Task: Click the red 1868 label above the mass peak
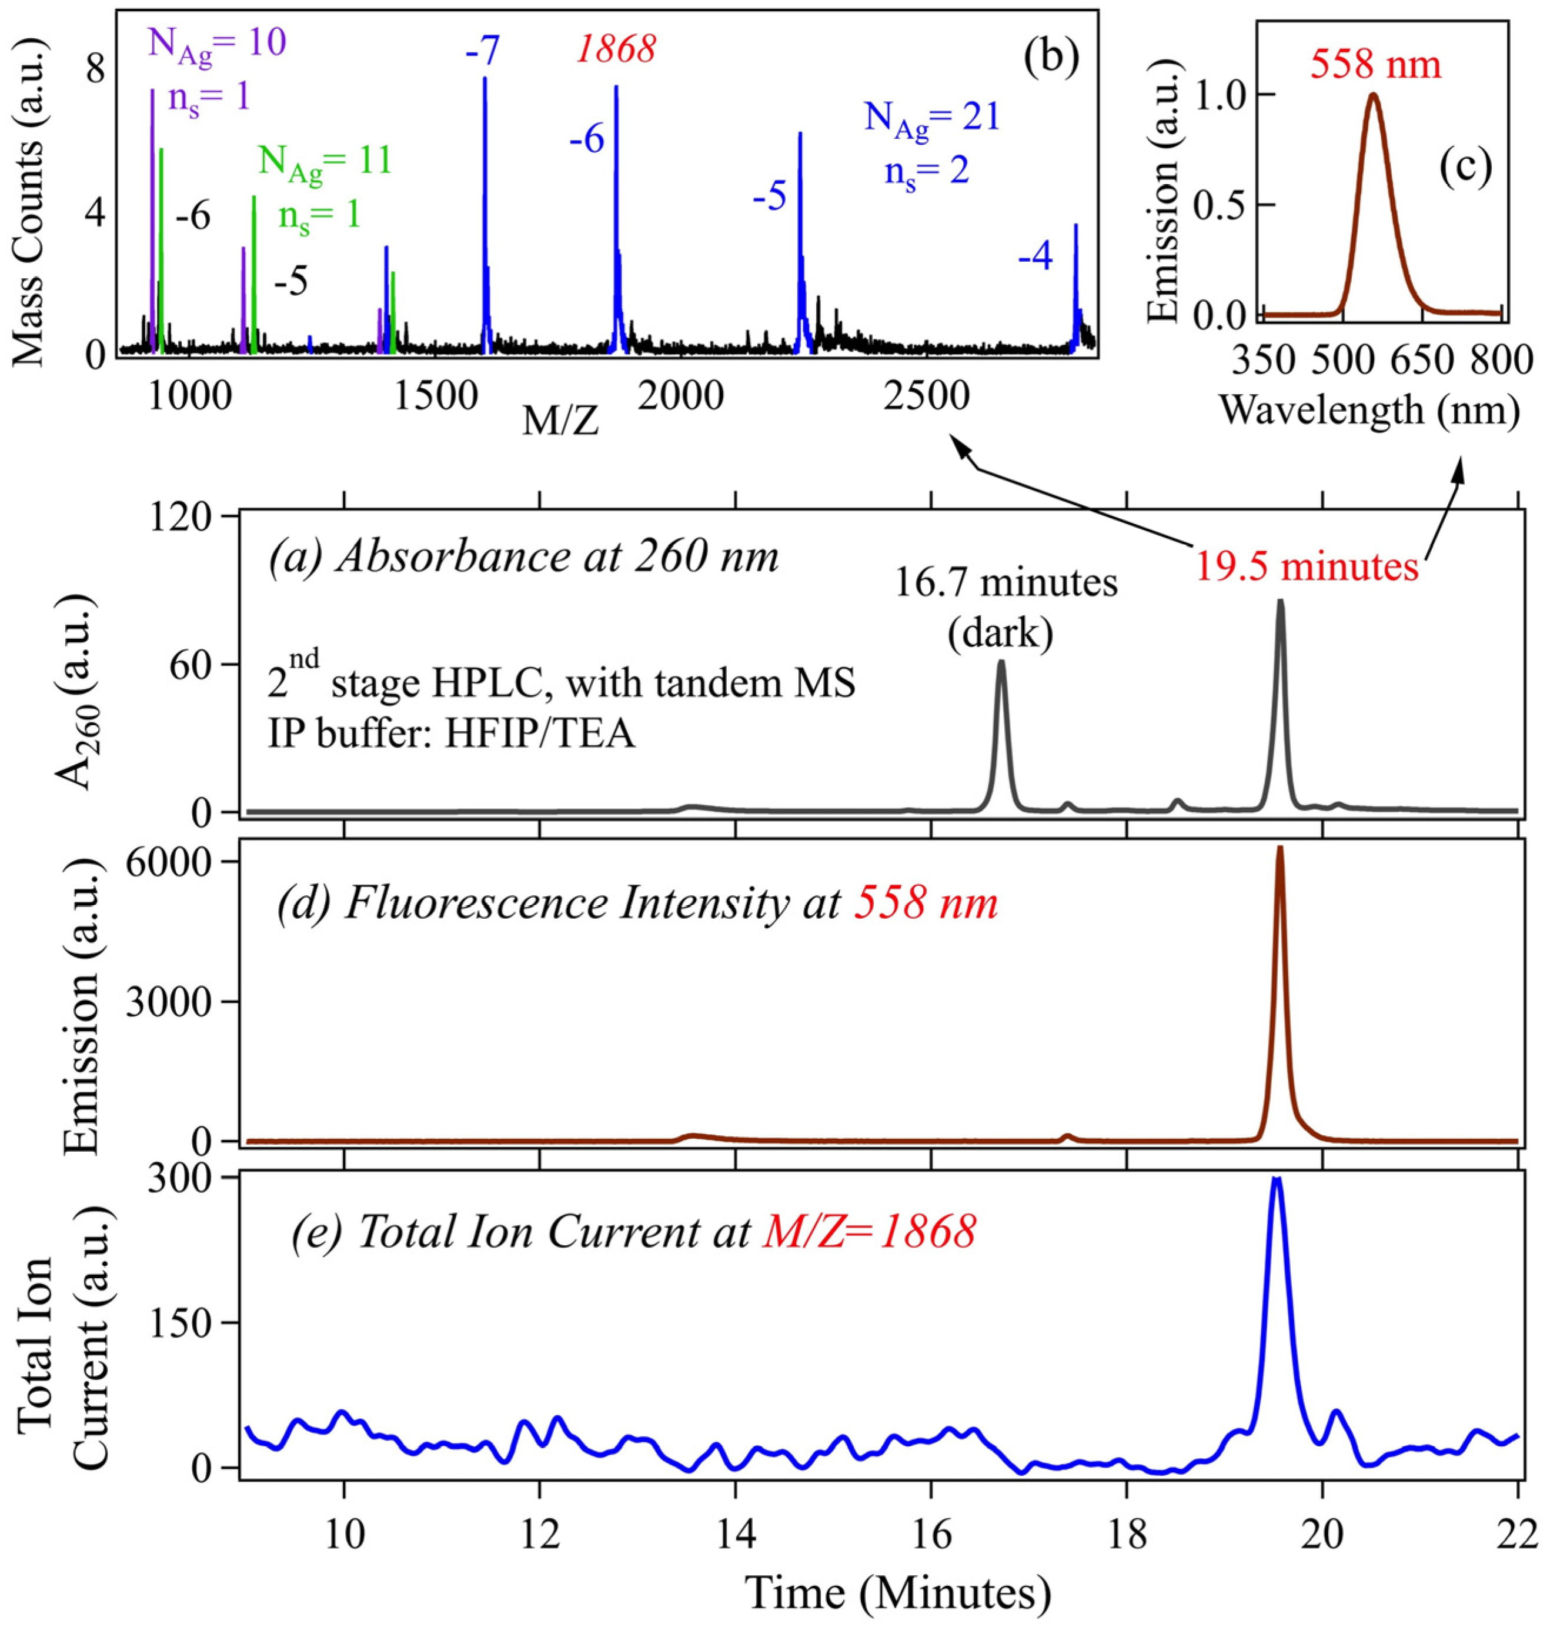616,49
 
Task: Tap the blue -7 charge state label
483,51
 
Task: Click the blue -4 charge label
1035,259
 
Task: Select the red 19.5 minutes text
1307,567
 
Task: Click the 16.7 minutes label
1006,584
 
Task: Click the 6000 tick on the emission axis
183,862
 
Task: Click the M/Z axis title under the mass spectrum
561,422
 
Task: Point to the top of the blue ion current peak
1277,1180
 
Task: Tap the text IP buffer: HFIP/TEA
451,733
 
